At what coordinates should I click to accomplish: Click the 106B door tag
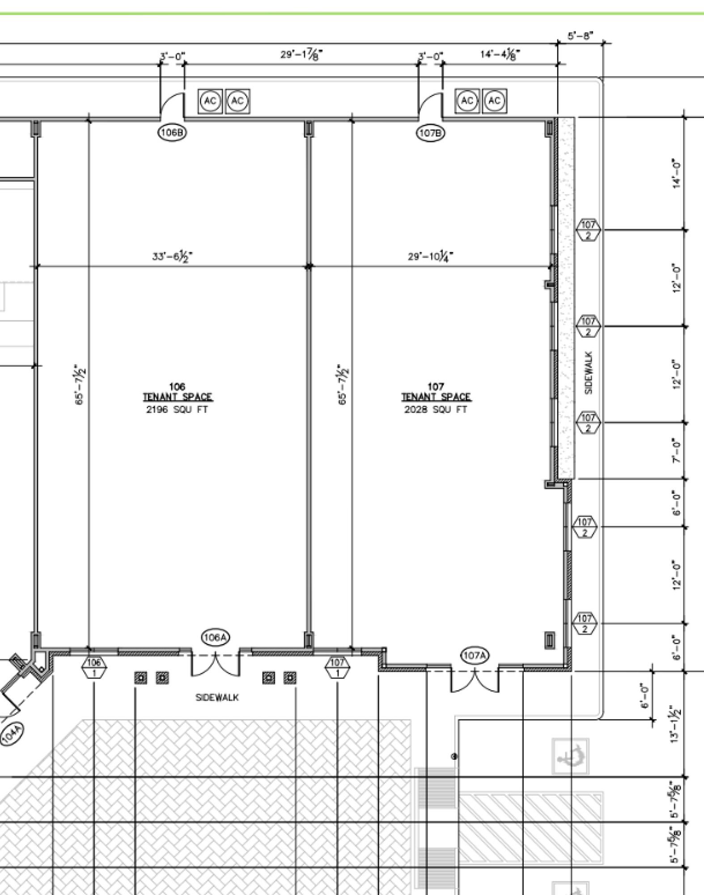[172, 132]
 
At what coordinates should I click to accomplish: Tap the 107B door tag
[431, 132]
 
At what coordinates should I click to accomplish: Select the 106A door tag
[216, 637]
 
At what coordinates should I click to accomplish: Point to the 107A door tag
[475, 656]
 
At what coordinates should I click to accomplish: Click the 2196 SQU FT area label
[177, 409]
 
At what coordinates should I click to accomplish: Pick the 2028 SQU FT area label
[436, 409]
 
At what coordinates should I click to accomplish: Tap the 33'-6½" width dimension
[173, 257]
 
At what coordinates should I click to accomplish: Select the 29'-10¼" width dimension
[430, 256]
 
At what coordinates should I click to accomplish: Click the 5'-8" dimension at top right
[581, 36]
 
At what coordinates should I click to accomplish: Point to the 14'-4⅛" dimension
[500, 55]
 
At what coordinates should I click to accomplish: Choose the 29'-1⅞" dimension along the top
[302, 55]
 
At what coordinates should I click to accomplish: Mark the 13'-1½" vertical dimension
[676, 724]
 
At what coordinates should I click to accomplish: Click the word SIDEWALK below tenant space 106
[217, 697]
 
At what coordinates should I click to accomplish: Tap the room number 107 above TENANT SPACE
[436, 386]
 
